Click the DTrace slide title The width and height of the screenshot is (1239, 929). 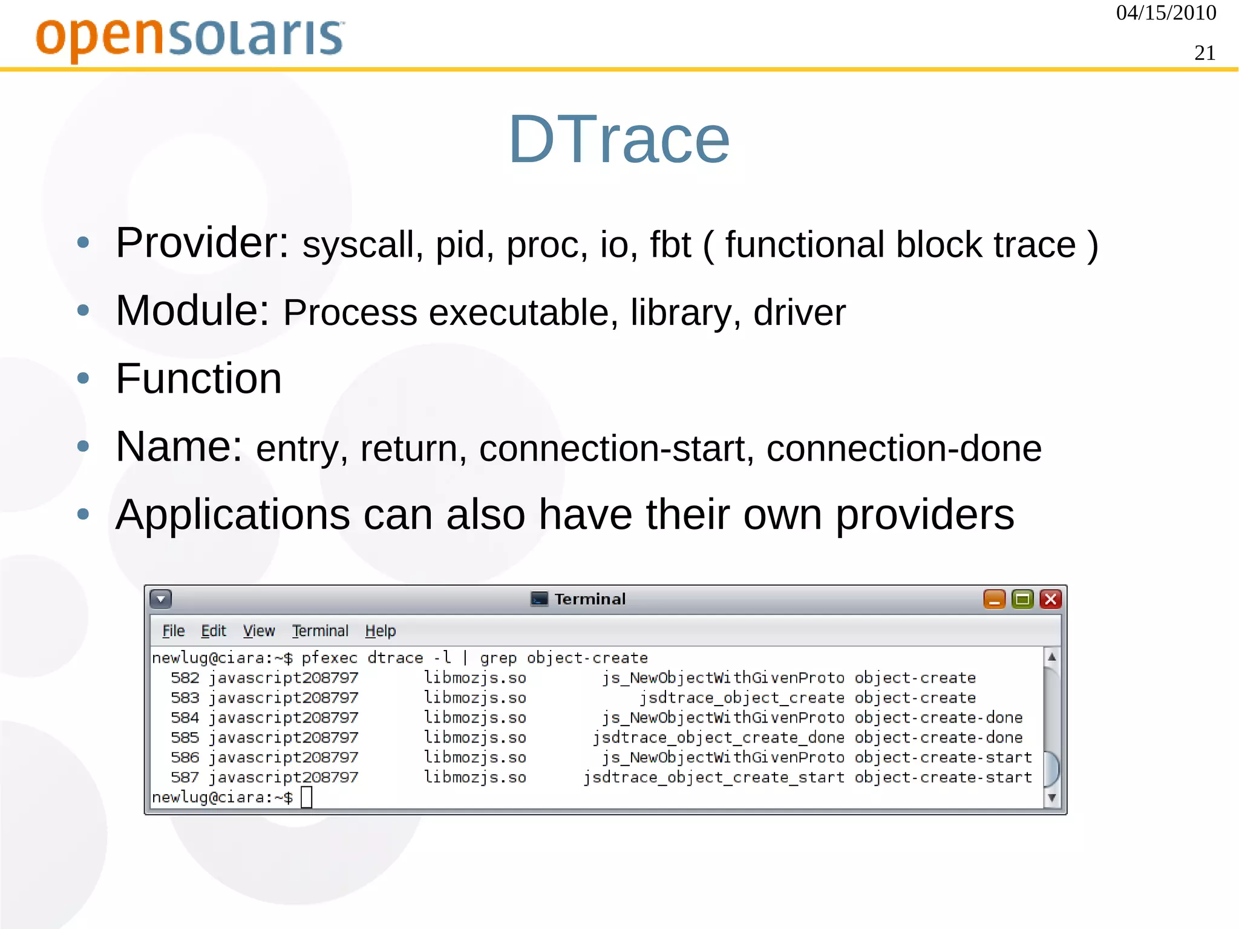[619, 140]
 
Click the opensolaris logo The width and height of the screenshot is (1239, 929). [190, 38]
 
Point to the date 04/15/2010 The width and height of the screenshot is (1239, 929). [1165, 13]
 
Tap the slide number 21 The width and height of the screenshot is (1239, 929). [1204, 53]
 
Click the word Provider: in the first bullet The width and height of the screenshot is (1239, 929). [202, 243]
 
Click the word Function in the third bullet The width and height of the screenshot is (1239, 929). [198, 379]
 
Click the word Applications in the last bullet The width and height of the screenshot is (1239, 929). [232, 515]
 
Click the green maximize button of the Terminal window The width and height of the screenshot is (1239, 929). [1022, 599]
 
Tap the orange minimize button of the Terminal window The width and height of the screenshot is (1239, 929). [994, 599]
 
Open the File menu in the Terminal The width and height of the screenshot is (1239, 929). [173, 631]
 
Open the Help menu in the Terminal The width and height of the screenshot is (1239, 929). [380, 631]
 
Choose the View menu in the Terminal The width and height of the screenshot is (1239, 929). [259, 631]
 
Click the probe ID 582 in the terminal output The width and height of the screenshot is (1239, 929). [185, 678]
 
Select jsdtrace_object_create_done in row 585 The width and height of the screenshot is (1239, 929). [718, 738]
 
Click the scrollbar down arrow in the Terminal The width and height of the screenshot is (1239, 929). [1051, 798]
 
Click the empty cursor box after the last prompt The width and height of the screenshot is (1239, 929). [307, 797]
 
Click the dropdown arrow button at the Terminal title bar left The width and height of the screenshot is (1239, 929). [161, 599]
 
